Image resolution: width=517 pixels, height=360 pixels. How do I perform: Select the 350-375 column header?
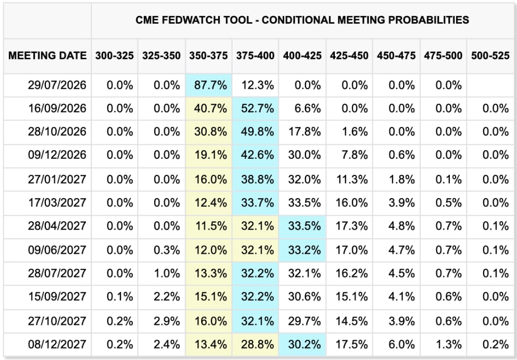208,56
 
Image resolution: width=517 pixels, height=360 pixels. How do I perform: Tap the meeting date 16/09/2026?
57,108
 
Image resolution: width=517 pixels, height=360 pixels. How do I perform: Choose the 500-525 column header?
490,56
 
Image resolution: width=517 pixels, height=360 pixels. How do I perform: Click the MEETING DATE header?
47,56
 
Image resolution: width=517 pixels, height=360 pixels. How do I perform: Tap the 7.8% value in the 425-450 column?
354,155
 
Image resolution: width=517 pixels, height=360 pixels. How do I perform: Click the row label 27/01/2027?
57,179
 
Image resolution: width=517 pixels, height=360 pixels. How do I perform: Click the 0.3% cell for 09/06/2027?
167,250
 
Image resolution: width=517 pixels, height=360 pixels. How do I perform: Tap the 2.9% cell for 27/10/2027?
167,321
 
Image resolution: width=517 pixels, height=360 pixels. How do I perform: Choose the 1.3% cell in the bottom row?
448,345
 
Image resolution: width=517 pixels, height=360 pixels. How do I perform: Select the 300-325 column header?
115,56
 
